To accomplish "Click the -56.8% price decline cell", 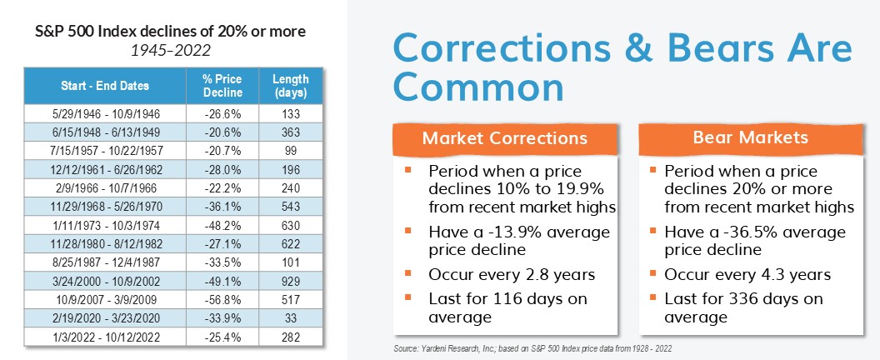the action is tap(222, 299).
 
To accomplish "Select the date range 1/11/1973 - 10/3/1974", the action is tap(105, 225).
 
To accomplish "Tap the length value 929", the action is tap(291, 281).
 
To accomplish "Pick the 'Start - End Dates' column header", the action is tap(105, 86).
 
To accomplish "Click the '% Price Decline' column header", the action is tap(222, 86).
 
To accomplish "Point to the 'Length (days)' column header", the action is tap(291, 86).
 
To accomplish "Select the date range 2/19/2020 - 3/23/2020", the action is tap(105, 318).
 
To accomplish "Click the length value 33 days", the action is tap(291, 318).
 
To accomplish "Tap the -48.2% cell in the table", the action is tap(222, 225).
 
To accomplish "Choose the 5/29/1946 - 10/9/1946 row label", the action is tap(105, 114).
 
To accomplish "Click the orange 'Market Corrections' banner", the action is tap(505, 138).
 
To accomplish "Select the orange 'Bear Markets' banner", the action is tap(751, 138).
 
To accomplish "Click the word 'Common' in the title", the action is tap(477, 87).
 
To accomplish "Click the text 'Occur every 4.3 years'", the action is tap(747, 275).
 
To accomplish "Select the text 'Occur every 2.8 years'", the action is tap(512, 275).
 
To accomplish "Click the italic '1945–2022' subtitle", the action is tap(171, 51).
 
